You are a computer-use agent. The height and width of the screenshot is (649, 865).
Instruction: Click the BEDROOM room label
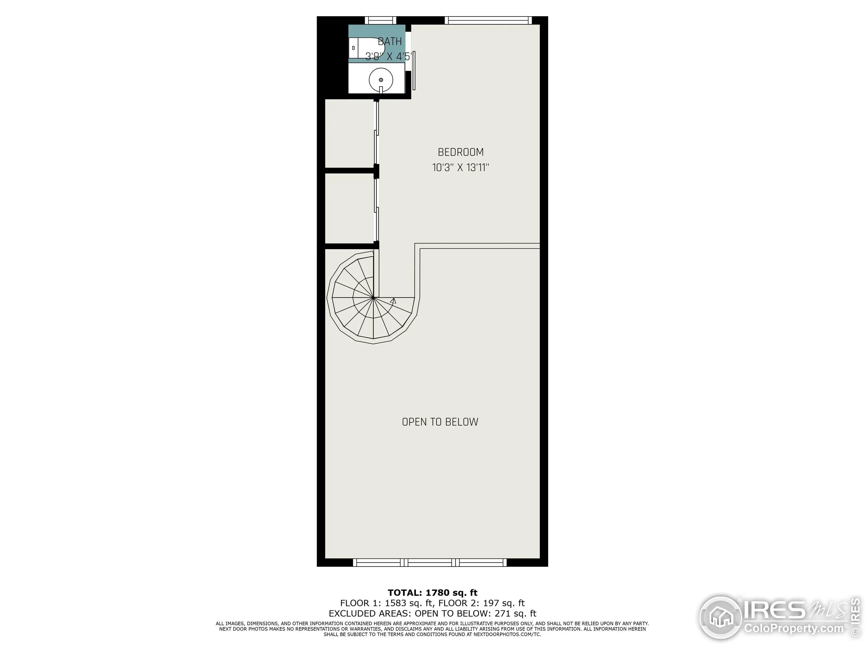(461, 152)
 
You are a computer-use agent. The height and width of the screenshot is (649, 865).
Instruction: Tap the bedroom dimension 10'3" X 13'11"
(461, 168)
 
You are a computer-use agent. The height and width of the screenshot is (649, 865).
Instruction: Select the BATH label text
(390, 42)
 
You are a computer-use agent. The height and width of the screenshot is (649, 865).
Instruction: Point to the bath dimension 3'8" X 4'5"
(388, 57)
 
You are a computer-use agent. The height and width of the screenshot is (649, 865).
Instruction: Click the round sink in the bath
(381, 80)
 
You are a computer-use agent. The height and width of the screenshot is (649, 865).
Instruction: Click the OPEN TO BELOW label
(440, 422)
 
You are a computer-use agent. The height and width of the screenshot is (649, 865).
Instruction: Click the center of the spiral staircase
(373, 298)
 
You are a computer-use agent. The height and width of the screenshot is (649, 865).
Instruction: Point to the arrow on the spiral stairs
(393, 301)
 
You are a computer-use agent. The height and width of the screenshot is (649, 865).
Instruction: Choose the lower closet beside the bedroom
(349, 208)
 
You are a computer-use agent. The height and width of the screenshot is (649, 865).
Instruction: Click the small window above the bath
(380, 20)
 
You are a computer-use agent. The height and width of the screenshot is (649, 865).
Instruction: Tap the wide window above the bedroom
(488, 20)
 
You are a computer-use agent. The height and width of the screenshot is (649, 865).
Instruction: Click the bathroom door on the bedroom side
(414, 70)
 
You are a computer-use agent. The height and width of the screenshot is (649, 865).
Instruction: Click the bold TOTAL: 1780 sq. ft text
(432, 593)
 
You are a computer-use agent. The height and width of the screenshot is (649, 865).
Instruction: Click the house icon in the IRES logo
(720, 617)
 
